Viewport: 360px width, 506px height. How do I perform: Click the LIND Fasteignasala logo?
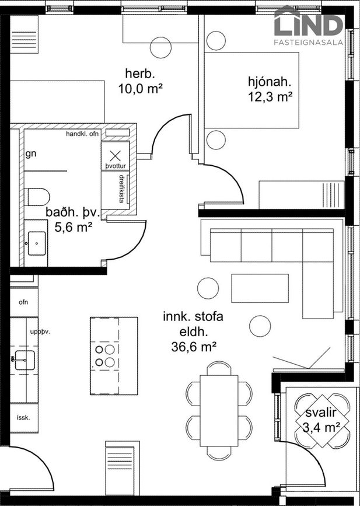point(309,26)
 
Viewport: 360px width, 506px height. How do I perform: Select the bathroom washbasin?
point(36,243)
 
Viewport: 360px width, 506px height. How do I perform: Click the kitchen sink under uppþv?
point(24,360)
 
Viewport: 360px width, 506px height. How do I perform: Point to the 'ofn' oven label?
point(23,302)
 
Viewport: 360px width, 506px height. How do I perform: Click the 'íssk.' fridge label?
point(23,417)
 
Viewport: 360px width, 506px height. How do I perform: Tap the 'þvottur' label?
point(116,166)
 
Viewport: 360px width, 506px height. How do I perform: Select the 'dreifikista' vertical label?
point(121,189)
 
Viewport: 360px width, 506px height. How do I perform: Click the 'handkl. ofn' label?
point(82,134)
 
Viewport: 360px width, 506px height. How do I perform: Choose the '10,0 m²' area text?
point(140,89)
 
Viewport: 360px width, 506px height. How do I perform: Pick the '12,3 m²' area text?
point(270,96)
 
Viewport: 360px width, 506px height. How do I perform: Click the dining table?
point(219,411)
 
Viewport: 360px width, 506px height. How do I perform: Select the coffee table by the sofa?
point(260,288)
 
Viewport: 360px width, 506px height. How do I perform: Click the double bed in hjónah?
point(251,90)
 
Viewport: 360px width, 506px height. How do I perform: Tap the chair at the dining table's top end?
point(219,368)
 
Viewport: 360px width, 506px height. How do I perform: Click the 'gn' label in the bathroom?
point(31,154)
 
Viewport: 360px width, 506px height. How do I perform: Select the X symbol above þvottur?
point(115,156)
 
